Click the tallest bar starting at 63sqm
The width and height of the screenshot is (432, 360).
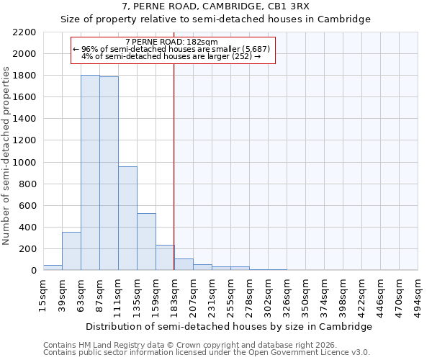pos(90,173)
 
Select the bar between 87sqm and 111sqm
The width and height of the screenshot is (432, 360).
pos(109,174)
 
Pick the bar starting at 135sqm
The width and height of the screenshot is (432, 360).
pos(146,242)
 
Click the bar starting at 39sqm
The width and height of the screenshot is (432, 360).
pos(71,251)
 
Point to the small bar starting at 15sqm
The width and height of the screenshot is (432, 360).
pos(53,267)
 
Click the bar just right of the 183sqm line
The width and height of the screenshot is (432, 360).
pos(184,264)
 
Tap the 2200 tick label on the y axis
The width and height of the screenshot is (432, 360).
pos(24,32)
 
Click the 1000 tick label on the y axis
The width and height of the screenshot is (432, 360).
pos(24,163)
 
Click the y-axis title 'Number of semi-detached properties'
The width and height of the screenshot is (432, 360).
pos(7,156)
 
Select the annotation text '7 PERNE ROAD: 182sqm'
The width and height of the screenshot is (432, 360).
pos(166,42)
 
